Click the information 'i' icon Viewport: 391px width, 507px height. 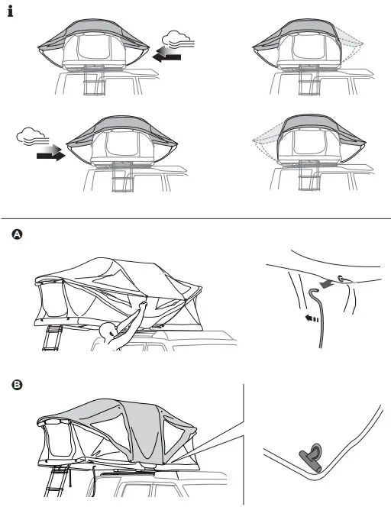11,14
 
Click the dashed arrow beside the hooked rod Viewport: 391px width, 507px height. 309,320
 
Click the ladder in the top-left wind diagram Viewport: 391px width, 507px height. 95,81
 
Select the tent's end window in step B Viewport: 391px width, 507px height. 58,443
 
